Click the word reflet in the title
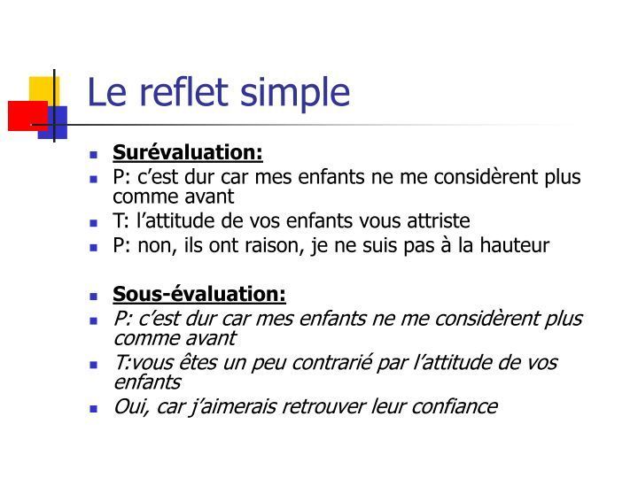pos(184,92)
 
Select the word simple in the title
pos(295,96)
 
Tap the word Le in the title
pos(107,92)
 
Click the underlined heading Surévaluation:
pos(188,152)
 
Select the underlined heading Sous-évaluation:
pos(199,294)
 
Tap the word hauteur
pos(514,245)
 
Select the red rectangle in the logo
pos(27,116)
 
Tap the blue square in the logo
pos(55,122)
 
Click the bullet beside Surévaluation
pos(94,154)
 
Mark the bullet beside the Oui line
pos(94,408)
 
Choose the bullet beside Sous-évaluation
pos(94,296)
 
